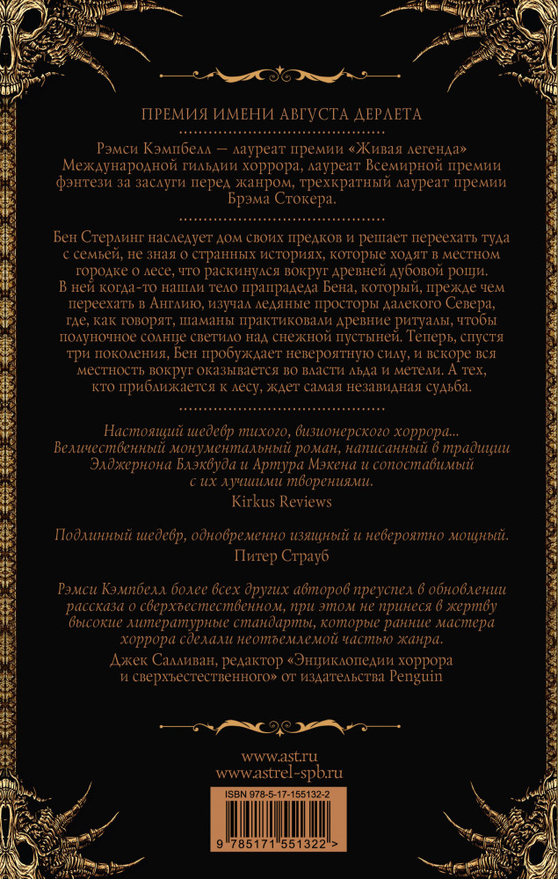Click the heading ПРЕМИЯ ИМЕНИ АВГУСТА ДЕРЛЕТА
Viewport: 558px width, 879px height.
279,114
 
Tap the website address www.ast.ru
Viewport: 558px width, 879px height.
279,757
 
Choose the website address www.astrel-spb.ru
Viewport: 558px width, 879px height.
279,774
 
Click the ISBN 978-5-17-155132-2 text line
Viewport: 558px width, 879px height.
279,794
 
